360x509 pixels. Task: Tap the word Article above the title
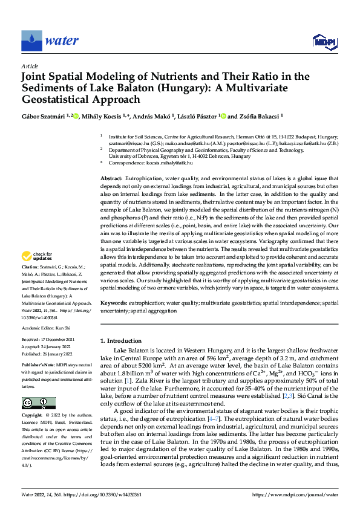pos(29,66)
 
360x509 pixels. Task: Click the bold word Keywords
pos(113,301)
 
